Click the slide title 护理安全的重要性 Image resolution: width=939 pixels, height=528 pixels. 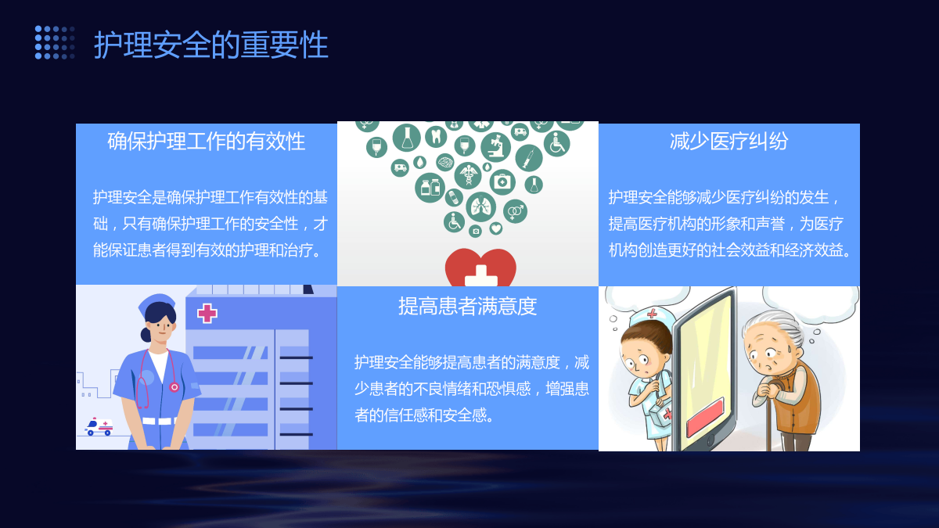point(210,45)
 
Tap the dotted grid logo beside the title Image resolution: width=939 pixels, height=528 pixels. point(55,42)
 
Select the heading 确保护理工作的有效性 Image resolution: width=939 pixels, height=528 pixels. point(207,141)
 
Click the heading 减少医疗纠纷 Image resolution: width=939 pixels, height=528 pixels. point(729,141)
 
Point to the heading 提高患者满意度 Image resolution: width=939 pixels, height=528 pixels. point(467,306)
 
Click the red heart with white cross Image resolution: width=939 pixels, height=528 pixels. point(480,268)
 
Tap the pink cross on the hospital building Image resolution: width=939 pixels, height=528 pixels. point(207,314)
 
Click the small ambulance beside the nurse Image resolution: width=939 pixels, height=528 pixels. point(99,426)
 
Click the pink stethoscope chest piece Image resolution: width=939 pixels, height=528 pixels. point(174,387)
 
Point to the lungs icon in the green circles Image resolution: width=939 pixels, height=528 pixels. point(480,207)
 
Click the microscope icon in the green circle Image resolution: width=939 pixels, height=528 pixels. point(495,147)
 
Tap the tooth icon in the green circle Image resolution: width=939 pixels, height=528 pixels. point(436,137)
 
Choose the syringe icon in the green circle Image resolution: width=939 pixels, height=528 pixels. point(529,158)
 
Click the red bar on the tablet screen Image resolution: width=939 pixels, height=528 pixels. point(706,418)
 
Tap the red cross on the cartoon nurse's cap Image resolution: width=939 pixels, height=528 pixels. point(652,313)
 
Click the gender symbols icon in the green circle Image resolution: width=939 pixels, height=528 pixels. point(515,211)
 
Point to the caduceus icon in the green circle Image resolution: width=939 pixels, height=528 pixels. point(468,175)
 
